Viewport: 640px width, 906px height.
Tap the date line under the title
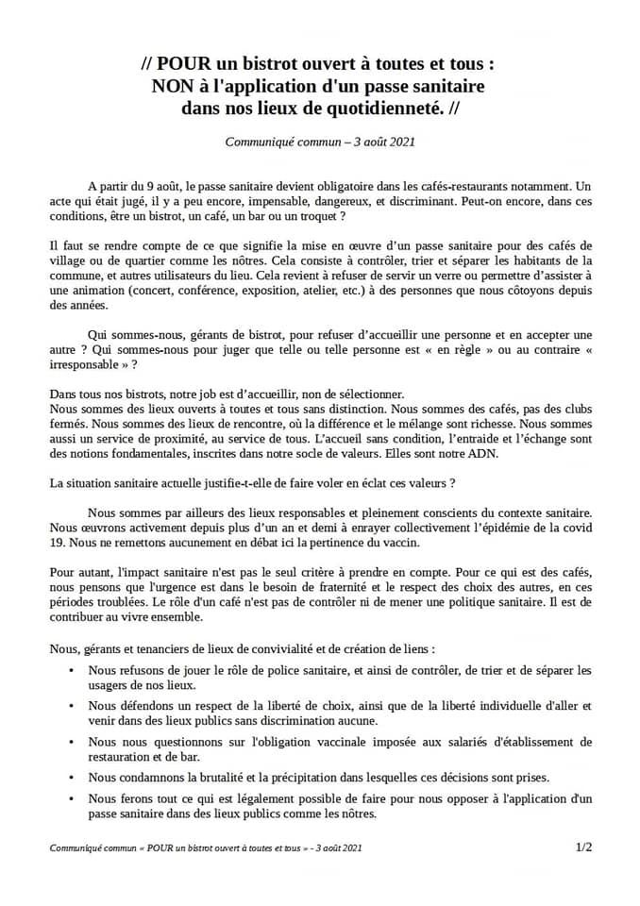click(320, 143)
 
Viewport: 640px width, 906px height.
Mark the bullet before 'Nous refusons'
click(75, 670)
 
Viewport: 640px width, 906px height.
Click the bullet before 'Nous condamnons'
click(75, 778)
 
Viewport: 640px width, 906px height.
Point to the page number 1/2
click(582, 847)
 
